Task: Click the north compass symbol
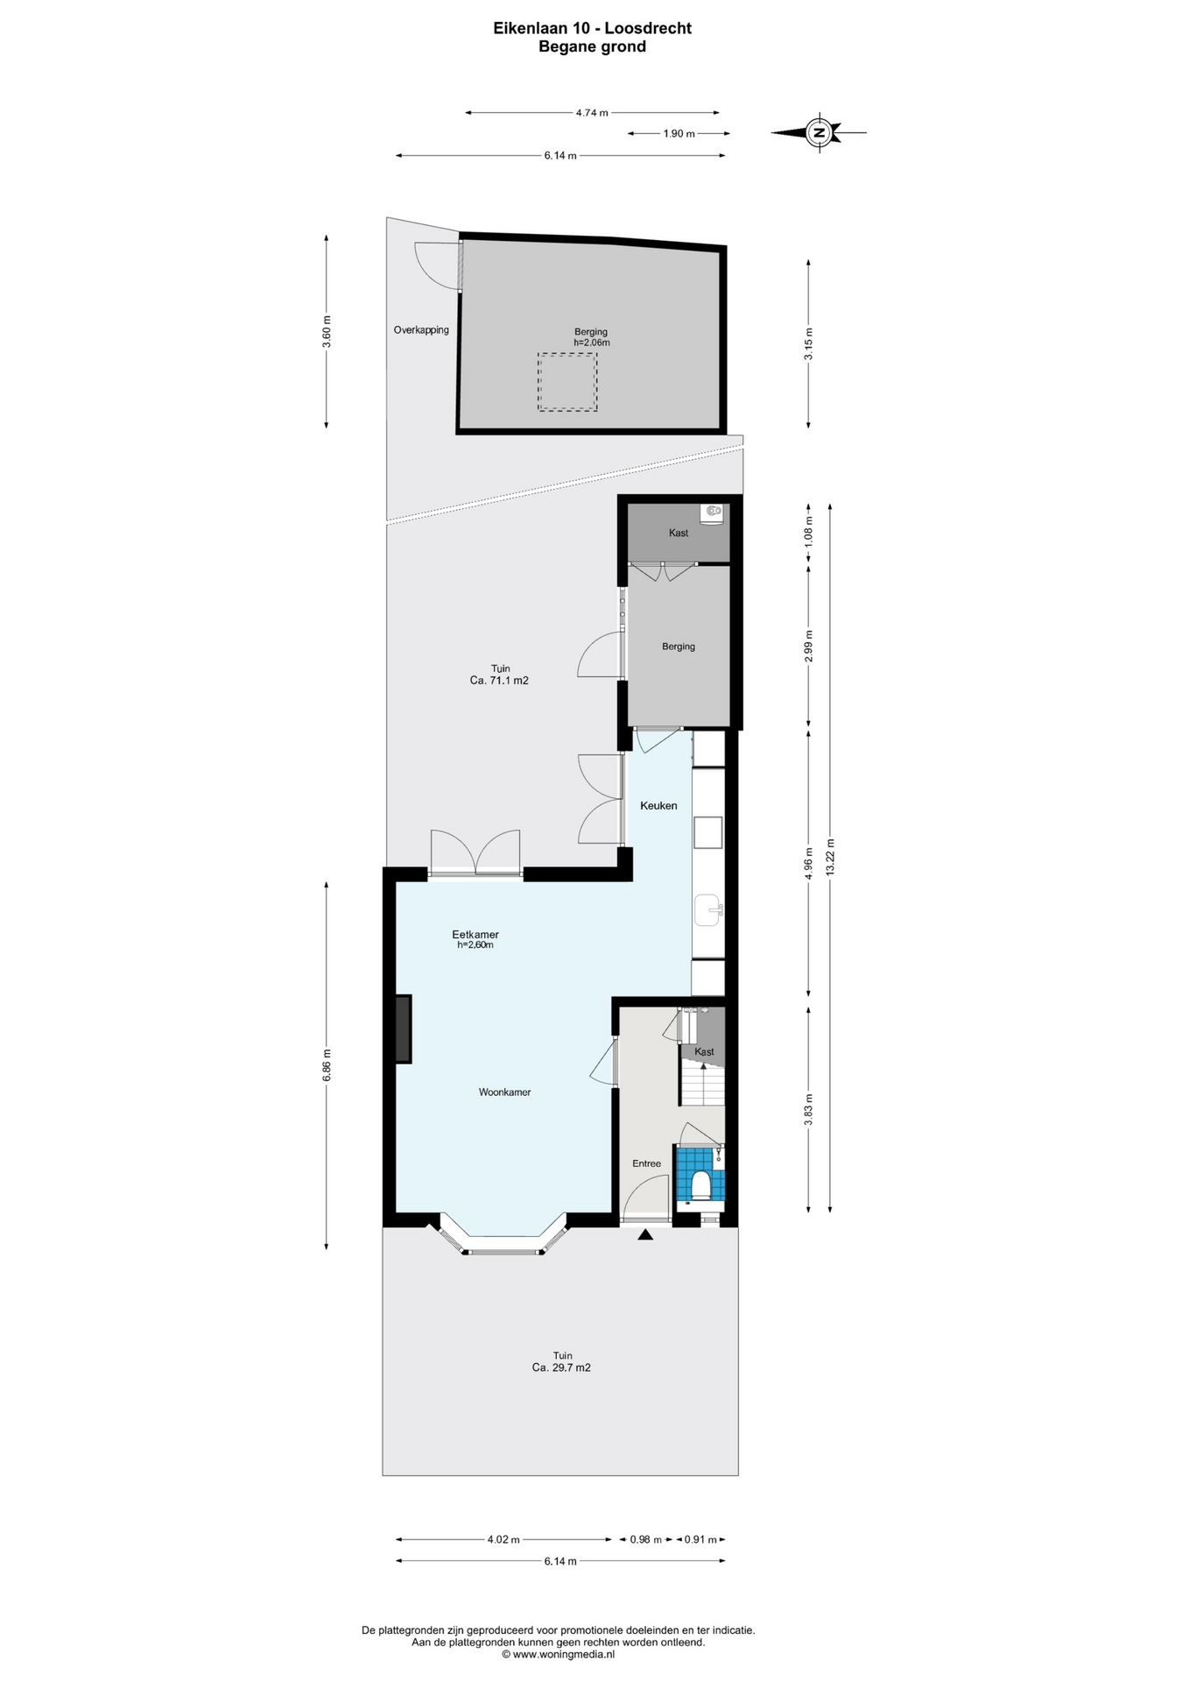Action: [820, 133]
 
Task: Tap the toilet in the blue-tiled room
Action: [700, 1185]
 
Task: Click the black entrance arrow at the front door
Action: [645, 1235]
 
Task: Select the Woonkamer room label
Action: [504, 1092]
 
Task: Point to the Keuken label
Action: [658, 806]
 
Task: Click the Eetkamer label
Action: [475, 935]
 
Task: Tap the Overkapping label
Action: [421, 330]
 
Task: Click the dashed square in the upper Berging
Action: [567, 382]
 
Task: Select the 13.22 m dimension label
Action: [831, 857]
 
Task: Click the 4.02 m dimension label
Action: [503, 1539]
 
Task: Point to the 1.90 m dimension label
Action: [679, 134]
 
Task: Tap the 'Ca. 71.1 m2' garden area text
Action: [499, 681]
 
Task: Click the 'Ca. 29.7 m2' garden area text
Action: [561, 1368]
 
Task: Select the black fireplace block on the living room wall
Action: [403, 1029]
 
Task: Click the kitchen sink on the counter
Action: [707, 910]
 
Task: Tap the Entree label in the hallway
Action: [647, 1163]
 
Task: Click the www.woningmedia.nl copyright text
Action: [558, 1655]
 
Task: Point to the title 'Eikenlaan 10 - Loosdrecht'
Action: [592, 28]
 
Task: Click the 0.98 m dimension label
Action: [646, 1539]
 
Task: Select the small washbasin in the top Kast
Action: [714, 511]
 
